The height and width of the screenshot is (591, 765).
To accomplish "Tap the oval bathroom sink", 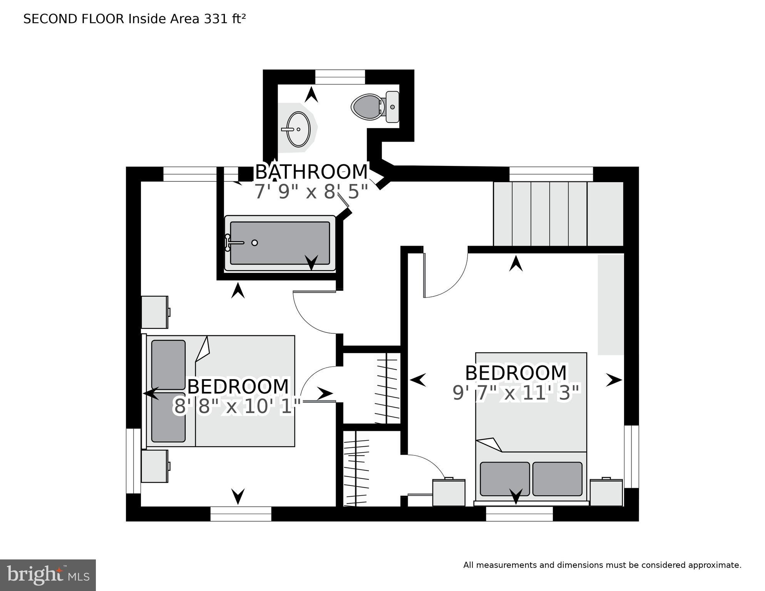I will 298,129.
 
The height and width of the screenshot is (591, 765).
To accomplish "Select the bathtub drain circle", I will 254,243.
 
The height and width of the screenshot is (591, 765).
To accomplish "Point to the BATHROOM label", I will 311,172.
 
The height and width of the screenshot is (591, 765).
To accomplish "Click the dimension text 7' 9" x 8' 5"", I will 311,191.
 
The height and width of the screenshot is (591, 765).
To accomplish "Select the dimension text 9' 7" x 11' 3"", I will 516,393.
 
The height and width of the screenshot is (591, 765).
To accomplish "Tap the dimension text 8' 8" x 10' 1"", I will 237,407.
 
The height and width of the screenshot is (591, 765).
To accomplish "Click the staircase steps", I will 558,214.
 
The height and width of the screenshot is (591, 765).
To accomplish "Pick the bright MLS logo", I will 48,575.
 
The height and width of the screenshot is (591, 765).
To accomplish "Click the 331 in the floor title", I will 216,19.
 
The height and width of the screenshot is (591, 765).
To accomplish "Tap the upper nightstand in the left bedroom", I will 155,312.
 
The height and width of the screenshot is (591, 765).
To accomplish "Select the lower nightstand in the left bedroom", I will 155,466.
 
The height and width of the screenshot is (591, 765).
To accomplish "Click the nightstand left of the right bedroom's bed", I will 449,492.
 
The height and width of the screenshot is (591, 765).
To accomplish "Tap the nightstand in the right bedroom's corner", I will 606,492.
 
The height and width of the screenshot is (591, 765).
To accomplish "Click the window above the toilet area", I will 340,77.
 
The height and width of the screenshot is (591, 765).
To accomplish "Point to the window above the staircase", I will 551,174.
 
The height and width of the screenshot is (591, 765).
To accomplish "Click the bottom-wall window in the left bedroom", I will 241,514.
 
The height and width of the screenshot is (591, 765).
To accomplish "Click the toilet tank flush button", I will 392,107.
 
